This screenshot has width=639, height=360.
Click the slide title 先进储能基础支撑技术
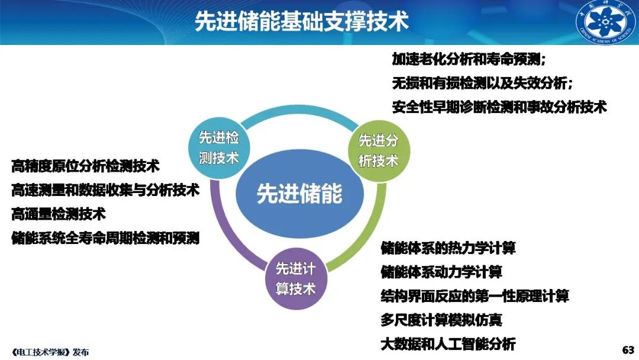[302, 21]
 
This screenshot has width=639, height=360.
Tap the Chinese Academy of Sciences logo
[606, 22]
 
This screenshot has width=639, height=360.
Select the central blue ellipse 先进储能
[299, 193]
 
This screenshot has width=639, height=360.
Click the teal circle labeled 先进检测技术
[219, 147]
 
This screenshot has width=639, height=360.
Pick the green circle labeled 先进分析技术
[379, 151]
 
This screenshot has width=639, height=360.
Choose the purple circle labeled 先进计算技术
[296, 278]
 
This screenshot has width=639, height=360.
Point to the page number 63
[628, 350]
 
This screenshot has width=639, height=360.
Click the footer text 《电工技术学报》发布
[50, 352]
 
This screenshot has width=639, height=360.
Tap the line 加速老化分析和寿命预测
[469, 60]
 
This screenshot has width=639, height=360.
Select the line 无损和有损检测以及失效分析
[482, 83]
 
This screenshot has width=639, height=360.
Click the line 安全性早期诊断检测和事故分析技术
[499, 107]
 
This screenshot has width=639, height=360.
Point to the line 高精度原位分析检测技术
[86, 166]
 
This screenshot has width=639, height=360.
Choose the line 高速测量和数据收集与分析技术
[105, 190]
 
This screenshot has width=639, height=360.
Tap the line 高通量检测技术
[59, 214]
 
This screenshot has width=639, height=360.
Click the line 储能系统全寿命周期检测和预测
[105, 238]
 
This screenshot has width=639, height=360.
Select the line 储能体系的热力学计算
[448, 248]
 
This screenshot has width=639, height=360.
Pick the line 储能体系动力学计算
[441, 272]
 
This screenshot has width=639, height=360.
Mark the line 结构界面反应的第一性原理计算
[475, 296]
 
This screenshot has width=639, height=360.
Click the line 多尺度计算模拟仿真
[441, 320]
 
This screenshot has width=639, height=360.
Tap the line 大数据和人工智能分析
[448, 344]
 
